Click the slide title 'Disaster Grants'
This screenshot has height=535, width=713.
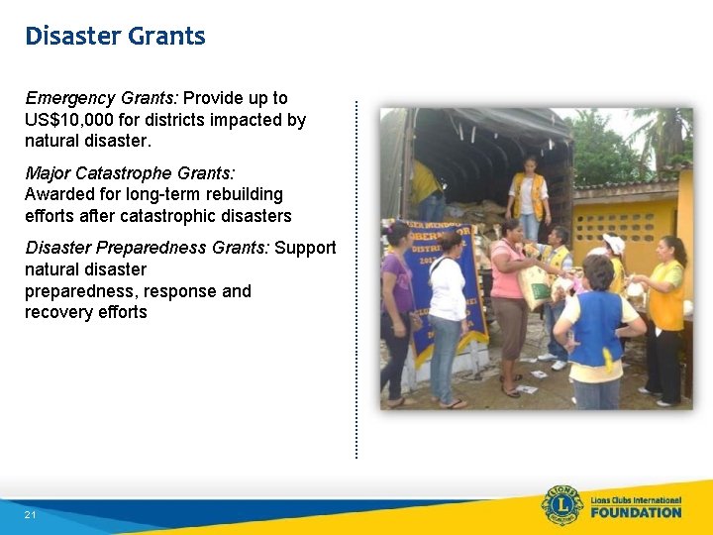coord(115,37)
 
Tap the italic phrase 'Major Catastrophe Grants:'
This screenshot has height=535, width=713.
coord(130,173)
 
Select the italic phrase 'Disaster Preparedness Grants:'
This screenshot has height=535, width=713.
coord(147,248)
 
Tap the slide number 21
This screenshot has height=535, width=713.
coord(31,515)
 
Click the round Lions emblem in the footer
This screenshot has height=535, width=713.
coord(561,505)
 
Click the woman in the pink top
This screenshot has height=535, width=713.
coord(510,297)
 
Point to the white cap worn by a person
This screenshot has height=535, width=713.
coord(614,243)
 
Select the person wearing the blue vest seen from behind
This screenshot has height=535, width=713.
coord(596,327)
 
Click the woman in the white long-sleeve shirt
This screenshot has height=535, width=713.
coord(448,307)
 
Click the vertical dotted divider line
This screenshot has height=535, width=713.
coord(356,277)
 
